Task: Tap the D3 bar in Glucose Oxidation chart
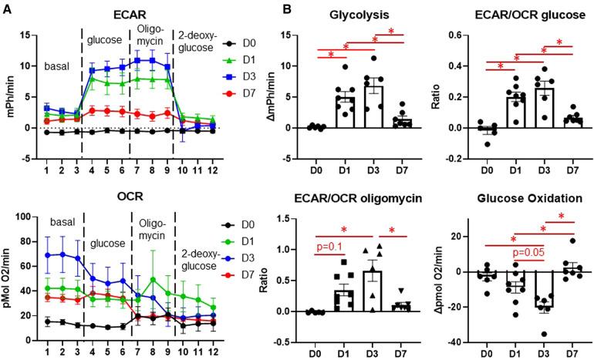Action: pos(545,289)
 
